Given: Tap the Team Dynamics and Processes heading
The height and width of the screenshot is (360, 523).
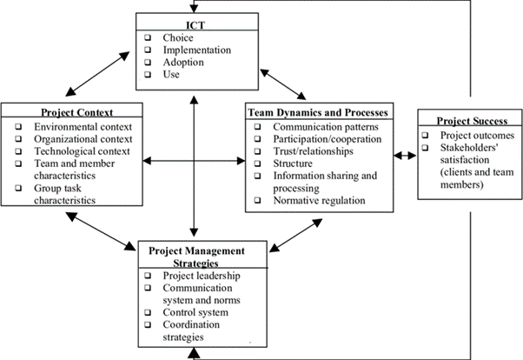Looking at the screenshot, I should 318,111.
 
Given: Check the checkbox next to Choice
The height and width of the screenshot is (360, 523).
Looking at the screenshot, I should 149,38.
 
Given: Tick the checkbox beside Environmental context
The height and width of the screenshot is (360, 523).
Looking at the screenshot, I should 18,126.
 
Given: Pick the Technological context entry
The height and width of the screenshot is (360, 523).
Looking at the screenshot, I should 83,150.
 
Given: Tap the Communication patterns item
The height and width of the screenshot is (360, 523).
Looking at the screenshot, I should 327,126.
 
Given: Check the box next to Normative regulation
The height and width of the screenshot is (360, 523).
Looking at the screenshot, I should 256,200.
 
